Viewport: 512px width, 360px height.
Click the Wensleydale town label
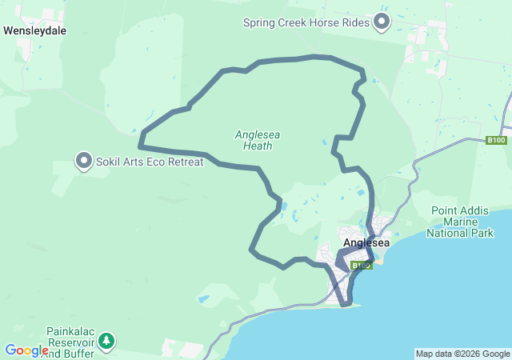[x=35, y=31]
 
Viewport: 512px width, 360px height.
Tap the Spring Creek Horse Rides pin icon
[x=382, y=22]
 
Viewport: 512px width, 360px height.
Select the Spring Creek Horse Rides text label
[x=306, y=22]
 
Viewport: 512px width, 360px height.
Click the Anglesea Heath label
[x=258, y=140]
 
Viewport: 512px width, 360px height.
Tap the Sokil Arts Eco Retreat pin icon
[x=84, y=161]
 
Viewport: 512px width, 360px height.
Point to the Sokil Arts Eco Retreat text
[x=150, y=162]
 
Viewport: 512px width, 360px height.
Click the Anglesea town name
[x=366, y=243]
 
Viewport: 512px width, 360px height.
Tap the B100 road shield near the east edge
[x=497, y=141]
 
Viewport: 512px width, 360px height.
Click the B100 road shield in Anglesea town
[x=362, y=265]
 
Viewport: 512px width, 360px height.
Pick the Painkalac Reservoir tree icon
[x=106, y=342]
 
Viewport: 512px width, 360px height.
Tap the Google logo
[x=26, y=350]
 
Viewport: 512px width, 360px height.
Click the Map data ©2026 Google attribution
[x=462, y=354]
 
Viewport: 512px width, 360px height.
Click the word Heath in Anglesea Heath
[x=258, y=146]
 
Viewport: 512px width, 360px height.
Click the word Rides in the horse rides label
[x=353, y=22]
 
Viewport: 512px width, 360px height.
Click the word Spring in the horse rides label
[x=259, y=22]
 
